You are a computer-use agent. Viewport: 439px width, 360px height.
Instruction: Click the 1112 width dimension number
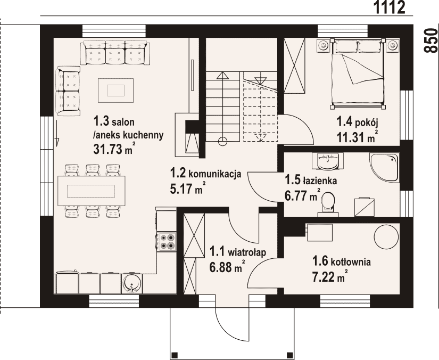point(390,7)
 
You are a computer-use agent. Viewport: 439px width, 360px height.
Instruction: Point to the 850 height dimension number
point(431,40)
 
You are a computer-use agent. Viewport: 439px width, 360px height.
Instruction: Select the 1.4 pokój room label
point(358,122)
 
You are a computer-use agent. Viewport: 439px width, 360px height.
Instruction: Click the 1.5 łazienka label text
point(311,180)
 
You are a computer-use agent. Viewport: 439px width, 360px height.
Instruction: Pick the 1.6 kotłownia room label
point(342,261)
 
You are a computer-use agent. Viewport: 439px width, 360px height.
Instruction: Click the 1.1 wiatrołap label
point(238,252)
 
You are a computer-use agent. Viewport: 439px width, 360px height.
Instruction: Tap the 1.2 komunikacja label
point(206,174)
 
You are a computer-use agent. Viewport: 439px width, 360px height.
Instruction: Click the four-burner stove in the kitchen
point(167,241)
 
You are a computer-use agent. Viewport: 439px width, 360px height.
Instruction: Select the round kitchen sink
point(131,283)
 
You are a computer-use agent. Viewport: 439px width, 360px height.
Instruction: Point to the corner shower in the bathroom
point(384,167)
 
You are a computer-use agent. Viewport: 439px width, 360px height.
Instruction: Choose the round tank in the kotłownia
point(386,237)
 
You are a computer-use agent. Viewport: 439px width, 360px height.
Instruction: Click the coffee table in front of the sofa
point(115,91)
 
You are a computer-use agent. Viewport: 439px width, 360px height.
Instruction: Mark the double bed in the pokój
point(358,73)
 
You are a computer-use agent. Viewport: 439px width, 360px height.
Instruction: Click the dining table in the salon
point(92,191)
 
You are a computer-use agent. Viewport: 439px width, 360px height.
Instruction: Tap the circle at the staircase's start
point(222,142)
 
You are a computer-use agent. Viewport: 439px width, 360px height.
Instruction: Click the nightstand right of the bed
point(393,45)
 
